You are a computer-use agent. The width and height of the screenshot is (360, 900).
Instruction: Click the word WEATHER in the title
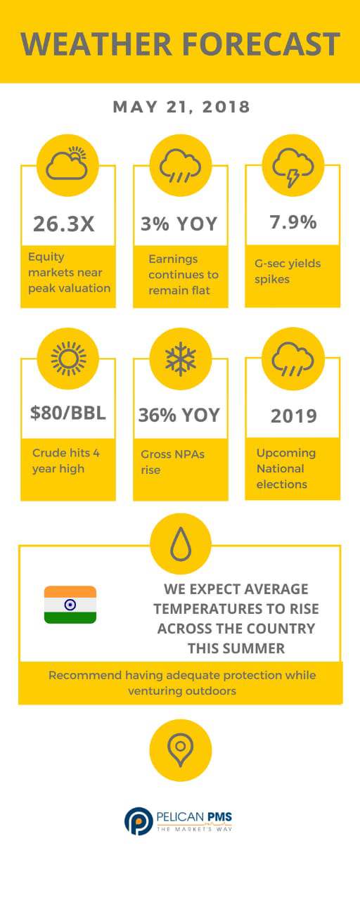pos(96,44)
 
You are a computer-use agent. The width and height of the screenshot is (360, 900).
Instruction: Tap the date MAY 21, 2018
pos(181,107)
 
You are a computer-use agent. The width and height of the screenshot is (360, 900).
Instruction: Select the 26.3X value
pos(64,224)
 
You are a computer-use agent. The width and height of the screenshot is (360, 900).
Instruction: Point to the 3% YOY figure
pos(179,224)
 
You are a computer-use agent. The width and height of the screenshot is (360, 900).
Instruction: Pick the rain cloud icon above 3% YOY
pos(180,165)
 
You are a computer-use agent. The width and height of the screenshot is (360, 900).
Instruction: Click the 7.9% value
pos(293,221)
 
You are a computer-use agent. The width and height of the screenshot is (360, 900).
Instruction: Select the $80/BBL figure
pos(68,413)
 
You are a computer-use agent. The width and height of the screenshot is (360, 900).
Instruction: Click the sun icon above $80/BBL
pos(68,359)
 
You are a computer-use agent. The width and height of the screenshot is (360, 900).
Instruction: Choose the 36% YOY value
pos(179,415)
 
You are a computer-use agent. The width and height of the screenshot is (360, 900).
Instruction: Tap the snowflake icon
pos(181,359)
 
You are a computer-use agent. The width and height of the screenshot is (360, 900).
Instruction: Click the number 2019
pos(294,416)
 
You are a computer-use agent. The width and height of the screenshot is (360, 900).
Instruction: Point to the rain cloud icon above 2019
pos(293,359)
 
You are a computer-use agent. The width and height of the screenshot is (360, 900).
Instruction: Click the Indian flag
pos(70,605)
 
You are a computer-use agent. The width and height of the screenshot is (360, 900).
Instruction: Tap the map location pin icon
pos(181,750)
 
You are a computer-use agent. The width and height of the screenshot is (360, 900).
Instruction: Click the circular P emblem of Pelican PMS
pos(139,821)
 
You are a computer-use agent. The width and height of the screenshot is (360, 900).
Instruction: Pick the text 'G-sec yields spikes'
pos(288,271)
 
